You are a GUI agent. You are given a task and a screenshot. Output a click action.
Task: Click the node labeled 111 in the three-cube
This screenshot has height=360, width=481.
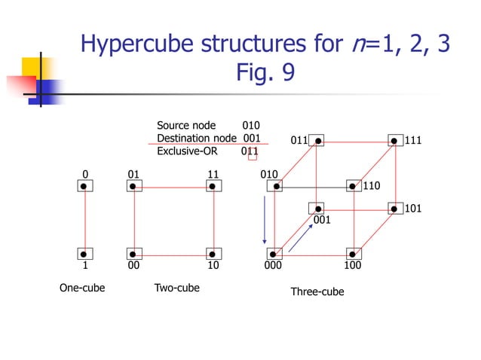point(394,140)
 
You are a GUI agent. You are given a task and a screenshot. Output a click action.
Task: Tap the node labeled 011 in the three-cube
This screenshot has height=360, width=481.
point(318,140)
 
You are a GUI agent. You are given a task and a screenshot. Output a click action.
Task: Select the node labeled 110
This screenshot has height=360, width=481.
point(353,185)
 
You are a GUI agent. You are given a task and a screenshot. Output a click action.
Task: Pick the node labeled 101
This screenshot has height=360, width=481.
point(394,208)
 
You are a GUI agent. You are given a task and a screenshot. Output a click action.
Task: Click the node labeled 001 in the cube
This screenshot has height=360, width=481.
point(318,208)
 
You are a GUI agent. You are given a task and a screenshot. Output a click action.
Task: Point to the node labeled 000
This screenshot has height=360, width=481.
point(276,254)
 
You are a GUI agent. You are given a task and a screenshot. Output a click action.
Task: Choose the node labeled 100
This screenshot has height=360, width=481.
point(352,254)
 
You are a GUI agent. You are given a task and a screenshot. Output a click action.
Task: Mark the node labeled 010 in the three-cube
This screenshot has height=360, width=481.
point(276,185)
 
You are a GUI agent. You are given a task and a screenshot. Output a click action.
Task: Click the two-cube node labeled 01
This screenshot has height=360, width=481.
point(133,185)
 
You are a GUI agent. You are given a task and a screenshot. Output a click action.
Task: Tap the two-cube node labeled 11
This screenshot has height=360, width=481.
point(213,185)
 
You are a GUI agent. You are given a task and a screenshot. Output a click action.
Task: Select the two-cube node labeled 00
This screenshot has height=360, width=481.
point(133,254)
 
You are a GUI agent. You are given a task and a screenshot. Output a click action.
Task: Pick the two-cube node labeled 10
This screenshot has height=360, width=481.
point(213,254)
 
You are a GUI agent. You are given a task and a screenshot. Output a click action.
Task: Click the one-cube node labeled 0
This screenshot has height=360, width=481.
point(84,185)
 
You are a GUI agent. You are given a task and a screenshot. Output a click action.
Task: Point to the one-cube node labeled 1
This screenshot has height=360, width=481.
point(84,254)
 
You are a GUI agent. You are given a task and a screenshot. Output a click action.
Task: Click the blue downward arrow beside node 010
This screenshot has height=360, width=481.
point(265,219)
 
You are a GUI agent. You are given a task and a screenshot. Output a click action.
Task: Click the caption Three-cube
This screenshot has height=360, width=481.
point(317,291)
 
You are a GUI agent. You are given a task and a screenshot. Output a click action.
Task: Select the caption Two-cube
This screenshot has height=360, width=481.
point(176,288)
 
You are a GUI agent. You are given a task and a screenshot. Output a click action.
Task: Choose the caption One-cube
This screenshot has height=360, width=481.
point(82,288)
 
